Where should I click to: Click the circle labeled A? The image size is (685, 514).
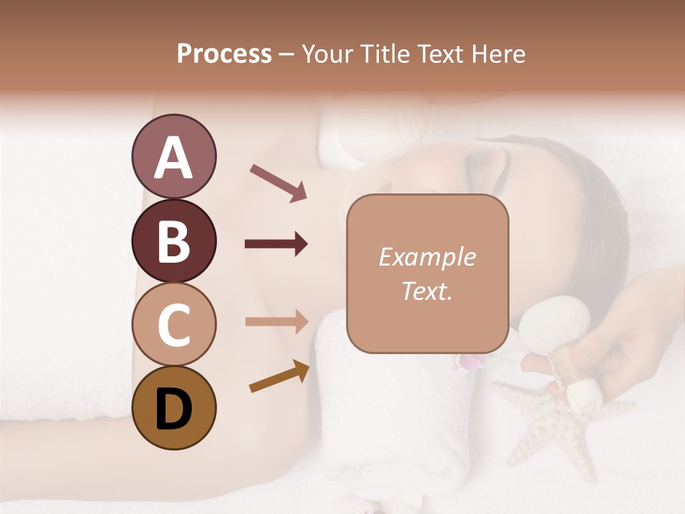tap(173, 156)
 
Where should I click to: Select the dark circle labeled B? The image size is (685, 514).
tap(173, 240)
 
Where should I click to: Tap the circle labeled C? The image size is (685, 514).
tap(173, 324)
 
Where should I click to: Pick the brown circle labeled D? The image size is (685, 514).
tap(173, 408)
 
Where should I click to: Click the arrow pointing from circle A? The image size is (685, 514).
tap(278, 182)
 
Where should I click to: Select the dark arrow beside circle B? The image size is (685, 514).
tap(276, 244)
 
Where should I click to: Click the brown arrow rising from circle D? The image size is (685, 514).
tap(279, 376)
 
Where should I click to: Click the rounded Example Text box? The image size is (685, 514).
tap(427, 273)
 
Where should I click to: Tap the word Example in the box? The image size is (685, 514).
tap(427, 257)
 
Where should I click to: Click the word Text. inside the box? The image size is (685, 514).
tap(427, 291)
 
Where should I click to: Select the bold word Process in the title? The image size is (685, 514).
tap(224, 54)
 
